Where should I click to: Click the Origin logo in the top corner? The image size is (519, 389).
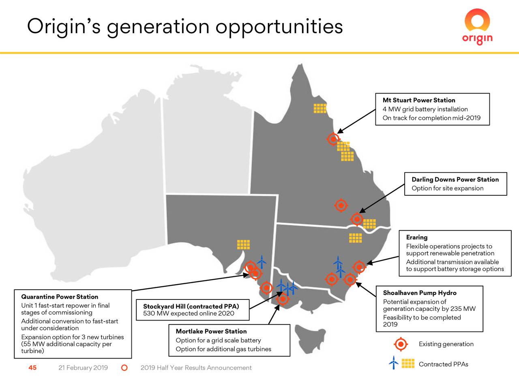click(x=477, y=27)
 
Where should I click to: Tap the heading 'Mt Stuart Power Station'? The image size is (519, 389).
click(x=418, y=100)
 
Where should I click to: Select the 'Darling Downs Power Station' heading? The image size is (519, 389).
click(x=455, y=180)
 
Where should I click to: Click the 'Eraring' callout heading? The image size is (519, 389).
click(x=416, y=237)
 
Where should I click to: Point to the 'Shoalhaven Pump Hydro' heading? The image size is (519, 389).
click(x=419, y=293)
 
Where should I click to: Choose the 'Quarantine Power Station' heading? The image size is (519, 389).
click(x=60, y=297)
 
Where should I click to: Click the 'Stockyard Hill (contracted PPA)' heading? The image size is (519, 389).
click(x=191, y=306)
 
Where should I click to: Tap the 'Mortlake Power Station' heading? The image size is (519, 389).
click(x=211, y=331)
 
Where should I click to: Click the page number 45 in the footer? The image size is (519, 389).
click(x=32, y=368)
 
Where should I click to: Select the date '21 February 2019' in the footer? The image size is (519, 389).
click(x=83, y=368)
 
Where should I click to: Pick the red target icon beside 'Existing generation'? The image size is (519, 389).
click(x=401, y=344)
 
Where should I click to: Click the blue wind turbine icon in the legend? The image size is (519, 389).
click(x=393, y=363)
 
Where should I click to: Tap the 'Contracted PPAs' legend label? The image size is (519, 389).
click(x=443, y=364)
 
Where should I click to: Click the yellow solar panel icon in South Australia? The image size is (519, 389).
click(x=243, y=244)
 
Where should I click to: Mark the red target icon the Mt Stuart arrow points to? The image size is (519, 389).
click(x=333, y=139)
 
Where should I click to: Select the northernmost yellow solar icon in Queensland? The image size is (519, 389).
click(x=320, y=108)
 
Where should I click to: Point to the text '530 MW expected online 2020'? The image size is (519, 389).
click(x=189, y=313)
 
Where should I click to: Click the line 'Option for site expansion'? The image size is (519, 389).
click(x=447, y=188)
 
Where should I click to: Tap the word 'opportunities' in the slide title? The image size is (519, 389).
click(x=279, y=27)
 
